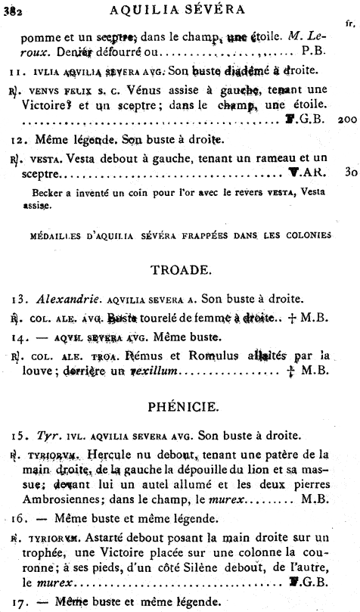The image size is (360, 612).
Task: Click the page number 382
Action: pyautogui.click(x=11, y=9)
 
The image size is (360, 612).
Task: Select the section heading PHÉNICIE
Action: pyautogui.click(x=178, y=408)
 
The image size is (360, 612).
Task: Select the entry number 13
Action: pyautogui.click(x=17, y=297)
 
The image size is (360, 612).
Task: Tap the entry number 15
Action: pyautogui.click(x=17, y=436)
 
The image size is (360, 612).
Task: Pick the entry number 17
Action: pyautogui.click(x=17, y=603)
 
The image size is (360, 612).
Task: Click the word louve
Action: pyautogui.click(x=36, y=371)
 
